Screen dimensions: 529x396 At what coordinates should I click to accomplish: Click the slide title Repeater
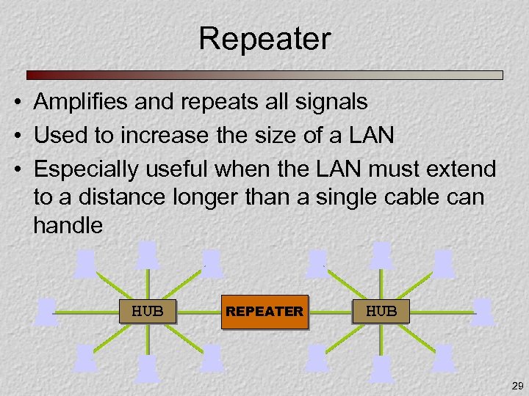[264, 39]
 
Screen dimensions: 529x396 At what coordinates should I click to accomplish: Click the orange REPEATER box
[264, 311]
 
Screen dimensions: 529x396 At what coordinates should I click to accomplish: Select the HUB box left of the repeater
[148, 311]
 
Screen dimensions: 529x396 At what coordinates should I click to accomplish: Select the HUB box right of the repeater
[381, 311]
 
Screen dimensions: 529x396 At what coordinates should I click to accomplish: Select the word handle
[68, 225]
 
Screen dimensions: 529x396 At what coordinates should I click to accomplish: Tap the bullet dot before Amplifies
[15, 102]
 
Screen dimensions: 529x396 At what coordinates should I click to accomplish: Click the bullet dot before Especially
[15, 169]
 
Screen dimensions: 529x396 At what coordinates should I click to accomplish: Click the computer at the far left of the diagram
[47, 311]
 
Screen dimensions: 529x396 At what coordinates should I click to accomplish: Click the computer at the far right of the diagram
[483, 311]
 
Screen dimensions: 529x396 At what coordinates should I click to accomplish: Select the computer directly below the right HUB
[381, 368]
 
